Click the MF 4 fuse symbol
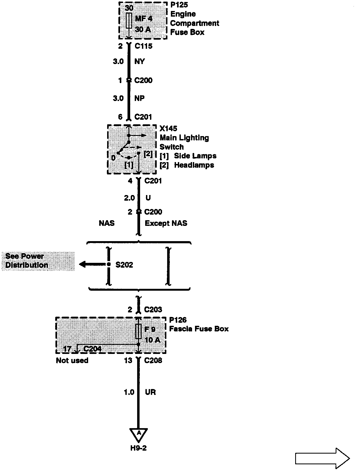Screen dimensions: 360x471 click(129, 20)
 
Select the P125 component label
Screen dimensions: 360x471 click(179, 5)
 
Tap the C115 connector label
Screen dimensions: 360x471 click(144, 46)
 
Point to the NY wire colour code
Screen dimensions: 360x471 click(140, 62)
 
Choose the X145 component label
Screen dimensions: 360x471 click(168, 129)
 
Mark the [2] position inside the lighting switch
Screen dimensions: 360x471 click(148, 154)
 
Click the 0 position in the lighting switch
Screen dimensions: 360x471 click(113, 158)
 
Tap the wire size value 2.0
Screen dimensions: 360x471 click(129, 198)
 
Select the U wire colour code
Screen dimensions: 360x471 click(148, 198)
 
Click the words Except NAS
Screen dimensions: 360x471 click(166, 223)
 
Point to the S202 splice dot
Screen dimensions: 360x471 click(108, 265)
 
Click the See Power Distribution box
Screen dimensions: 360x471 click(38, 261)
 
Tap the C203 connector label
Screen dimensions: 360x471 click(153, 310)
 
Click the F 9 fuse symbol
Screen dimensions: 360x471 click(138, 331)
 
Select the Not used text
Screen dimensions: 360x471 click(72, 360)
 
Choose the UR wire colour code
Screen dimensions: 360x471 click(150, 392)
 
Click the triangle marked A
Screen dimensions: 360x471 click(138, 435)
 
